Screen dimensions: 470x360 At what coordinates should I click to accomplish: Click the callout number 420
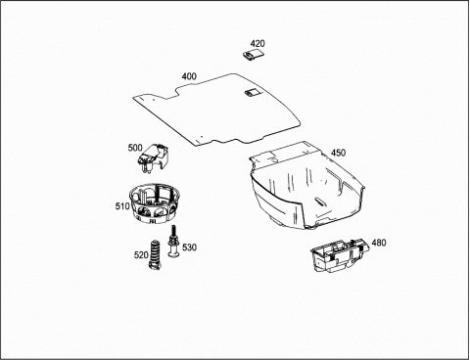pyautogui.click(x=258, y=43)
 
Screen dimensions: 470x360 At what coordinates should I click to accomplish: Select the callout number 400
pyautogui.click(x=189, y=76)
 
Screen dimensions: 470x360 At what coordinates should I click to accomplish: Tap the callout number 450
pyautogui.click(x=338, y=153)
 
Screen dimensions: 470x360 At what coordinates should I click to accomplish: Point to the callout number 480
pyautogui.click(x=379, y=243)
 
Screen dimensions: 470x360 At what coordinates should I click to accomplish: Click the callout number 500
pyautogui.click(x=135, y=148)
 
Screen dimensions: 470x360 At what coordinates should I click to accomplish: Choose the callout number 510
pyautogui.click(x=122, y=206)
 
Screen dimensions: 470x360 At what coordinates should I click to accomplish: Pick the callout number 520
pyautogui.click(x=141, y=254)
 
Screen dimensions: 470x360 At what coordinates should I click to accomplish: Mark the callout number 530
pyautogui.click(x=189, y=247)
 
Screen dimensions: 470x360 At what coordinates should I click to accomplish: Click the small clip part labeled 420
pyautogui.click(x=254, y=55)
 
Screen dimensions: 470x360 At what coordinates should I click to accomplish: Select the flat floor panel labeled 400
pyautogui.click(x=215, y=111)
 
